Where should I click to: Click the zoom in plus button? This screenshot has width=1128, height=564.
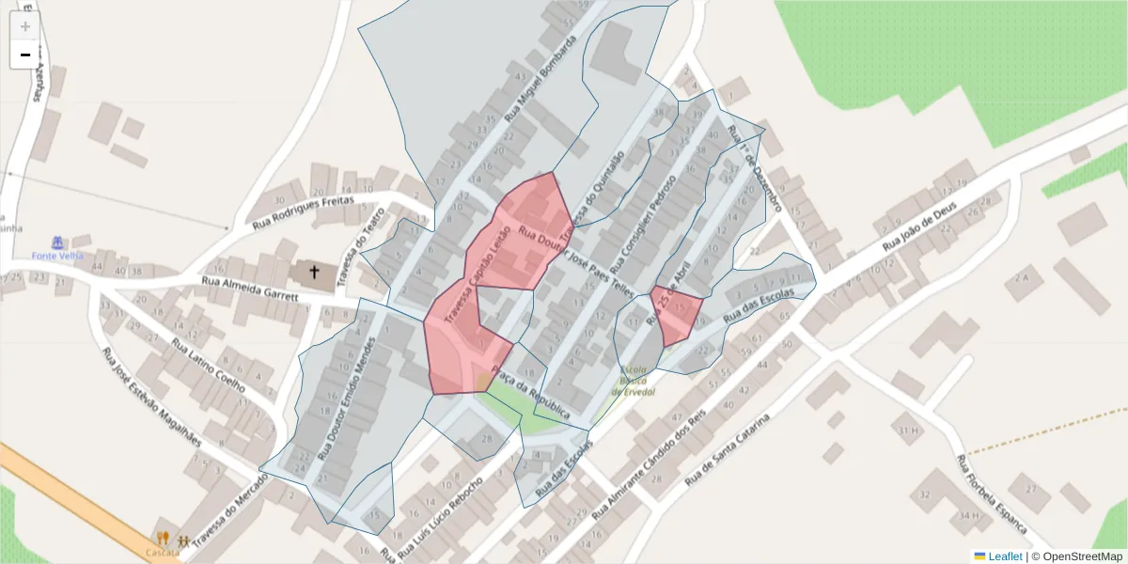[24, 25]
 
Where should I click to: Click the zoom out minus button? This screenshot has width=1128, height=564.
[24, 55]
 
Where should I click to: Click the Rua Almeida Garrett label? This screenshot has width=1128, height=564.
[250, 289]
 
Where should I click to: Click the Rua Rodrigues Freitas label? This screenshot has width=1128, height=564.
[303, 212]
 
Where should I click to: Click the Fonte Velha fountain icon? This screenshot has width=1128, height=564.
[58, 243]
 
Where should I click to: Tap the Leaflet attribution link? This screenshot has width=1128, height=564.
[1004, 556]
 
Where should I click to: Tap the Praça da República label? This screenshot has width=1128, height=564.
[534, 399]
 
